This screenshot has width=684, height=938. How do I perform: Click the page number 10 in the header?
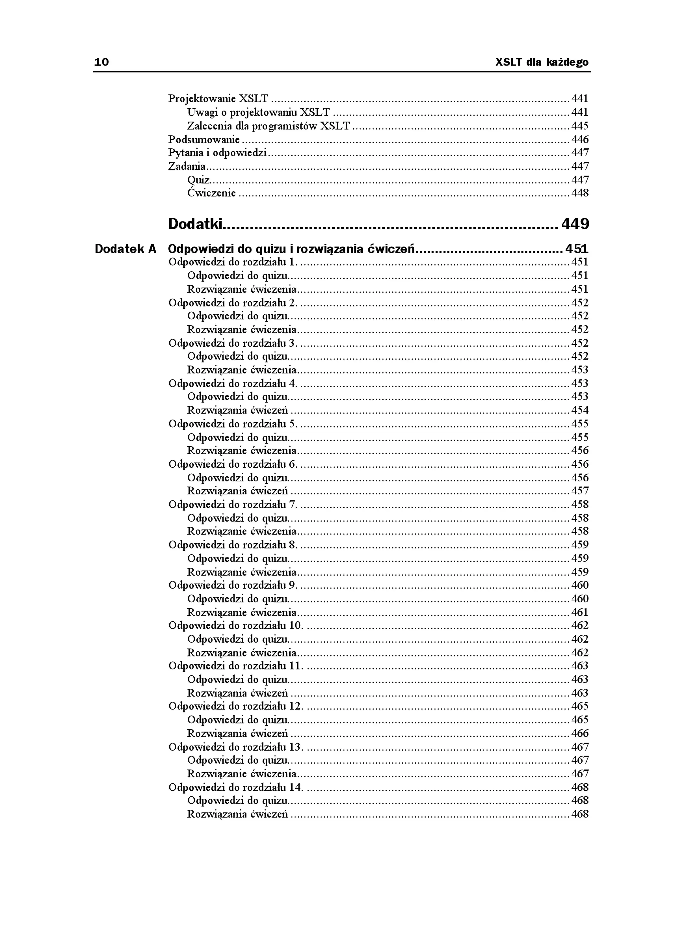pos(102,62)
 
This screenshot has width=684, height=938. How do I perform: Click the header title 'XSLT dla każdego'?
pos(542,62)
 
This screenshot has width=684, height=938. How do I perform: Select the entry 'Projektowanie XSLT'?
pos(218,99)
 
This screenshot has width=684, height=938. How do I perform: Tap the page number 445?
pos(580,126)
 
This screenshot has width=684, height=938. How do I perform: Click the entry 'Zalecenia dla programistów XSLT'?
pos(268,126)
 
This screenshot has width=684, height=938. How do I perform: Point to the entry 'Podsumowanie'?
pos(204,140)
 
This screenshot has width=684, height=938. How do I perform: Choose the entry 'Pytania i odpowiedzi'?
pos(217,153)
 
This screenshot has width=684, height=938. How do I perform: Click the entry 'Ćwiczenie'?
pos(211,193)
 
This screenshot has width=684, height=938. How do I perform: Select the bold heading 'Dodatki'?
pos(195,224)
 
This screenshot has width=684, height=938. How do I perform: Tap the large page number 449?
pos(575,224)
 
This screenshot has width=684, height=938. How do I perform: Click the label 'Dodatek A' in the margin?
pos(126,249)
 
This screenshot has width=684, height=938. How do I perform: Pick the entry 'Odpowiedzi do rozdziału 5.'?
pos(233,424)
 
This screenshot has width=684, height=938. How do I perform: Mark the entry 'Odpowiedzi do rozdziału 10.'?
pos(235,626)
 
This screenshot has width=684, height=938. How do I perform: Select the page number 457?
pos(580,491)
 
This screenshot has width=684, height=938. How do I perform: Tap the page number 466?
pos(580,734)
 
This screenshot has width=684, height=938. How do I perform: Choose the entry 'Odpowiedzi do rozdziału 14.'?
pos(235,787)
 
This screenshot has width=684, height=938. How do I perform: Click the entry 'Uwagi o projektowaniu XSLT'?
pos(259,112)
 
